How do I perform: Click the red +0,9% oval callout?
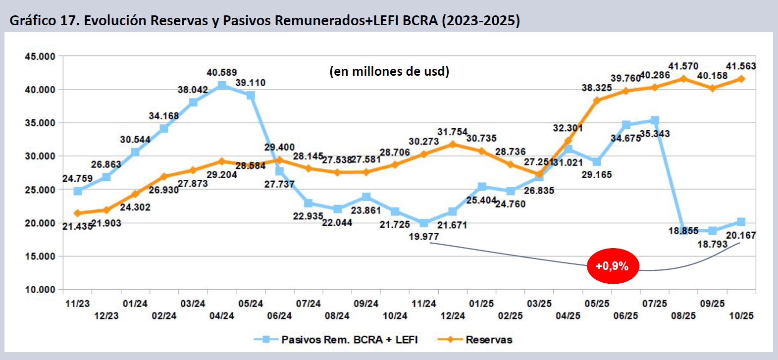coord(613,266)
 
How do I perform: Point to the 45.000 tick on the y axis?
coord(40,56)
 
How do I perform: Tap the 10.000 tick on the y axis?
coord(40,290)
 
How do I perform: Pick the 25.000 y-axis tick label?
coord(40,190)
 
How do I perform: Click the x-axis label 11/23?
coord(78,304)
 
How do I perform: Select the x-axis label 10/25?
coord(741,315)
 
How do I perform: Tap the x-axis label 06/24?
coord(279,315)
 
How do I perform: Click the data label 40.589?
coord(222,73)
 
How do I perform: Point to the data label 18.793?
coord(712,244)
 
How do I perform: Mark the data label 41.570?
coord(683,66)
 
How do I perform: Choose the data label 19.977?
coord(424,237)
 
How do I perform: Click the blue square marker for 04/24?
coord(222,85)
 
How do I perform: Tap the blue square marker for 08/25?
coord(683,230)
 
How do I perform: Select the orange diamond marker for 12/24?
coord(453,144)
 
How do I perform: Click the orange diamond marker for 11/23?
coord(78,213)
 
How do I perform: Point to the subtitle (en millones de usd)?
coord(389,71)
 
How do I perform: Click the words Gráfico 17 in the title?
coord(44,20)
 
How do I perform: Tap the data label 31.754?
coord(453,132)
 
